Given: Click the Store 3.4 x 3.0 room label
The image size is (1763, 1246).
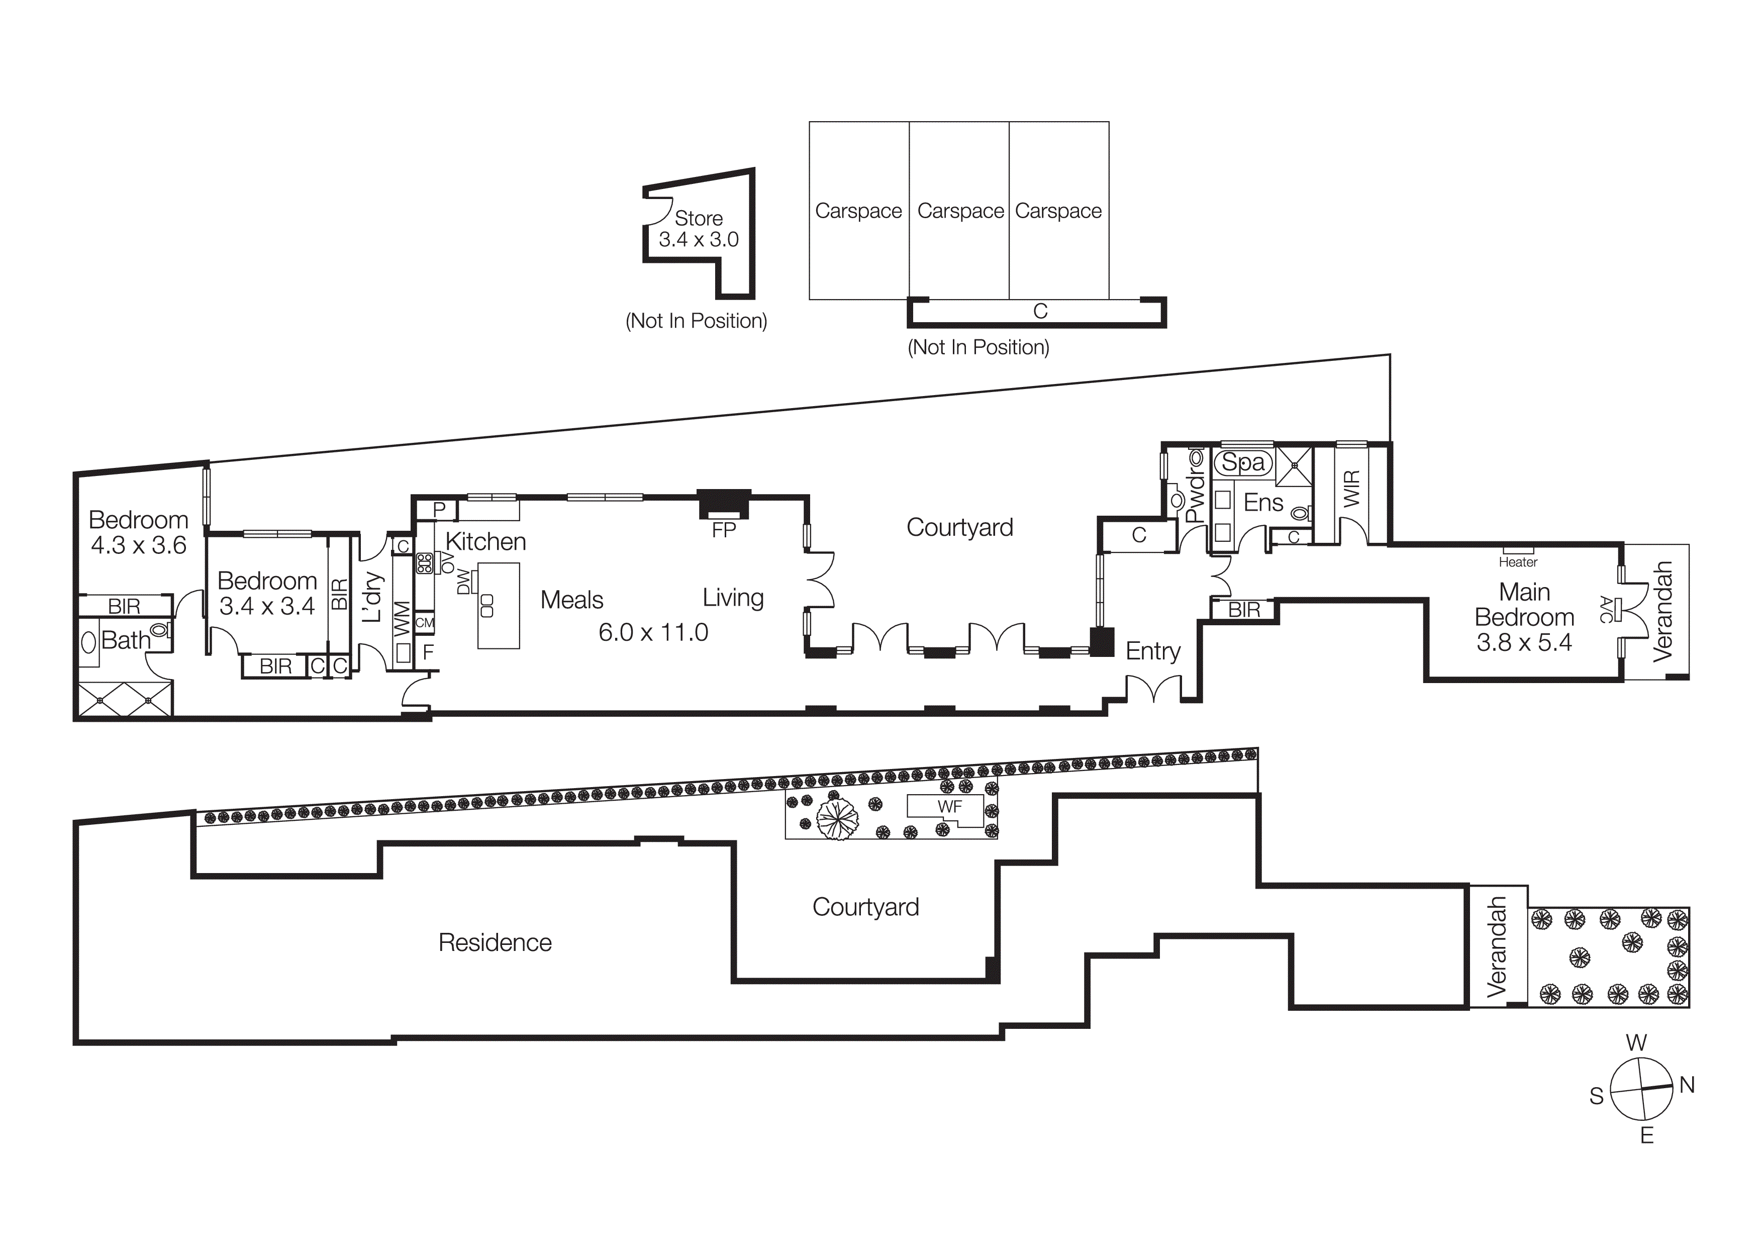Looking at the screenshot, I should click(x=698, y=229).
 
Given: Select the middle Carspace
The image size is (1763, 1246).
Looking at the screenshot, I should click(x=960, y=211).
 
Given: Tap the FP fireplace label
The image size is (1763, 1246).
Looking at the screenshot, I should click(x=723, y=530).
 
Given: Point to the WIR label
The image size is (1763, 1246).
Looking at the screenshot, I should click(x=1352, y=488).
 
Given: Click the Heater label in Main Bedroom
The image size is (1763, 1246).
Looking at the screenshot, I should click(x=1518, y=562).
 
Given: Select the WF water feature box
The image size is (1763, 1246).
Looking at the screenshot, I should click(x=949, y=807).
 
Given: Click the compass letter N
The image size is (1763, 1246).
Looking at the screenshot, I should click(x=1687, y=1085).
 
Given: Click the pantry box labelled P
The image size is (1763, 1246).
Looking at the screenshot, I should click(x=439, y=509).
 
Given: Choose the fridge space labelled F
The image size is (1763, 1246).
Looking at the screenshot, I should click(x=428, y=652).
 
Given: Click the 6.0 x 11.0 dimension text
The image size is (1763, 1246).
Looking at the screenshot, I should click(x=653, y=633).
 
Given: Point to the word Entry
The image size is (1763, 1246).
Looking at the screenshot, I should click(x=1152, y=651).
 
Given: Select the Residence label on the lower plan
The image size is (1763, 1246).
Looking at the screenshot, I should click(x=495, y=943).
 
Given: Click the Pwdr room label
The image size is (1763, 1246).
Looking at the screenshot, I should click(x=1196, y=497).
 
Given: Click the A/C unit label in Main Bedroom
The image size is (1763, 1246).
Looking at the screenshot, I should click(x=1606, y=610).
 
